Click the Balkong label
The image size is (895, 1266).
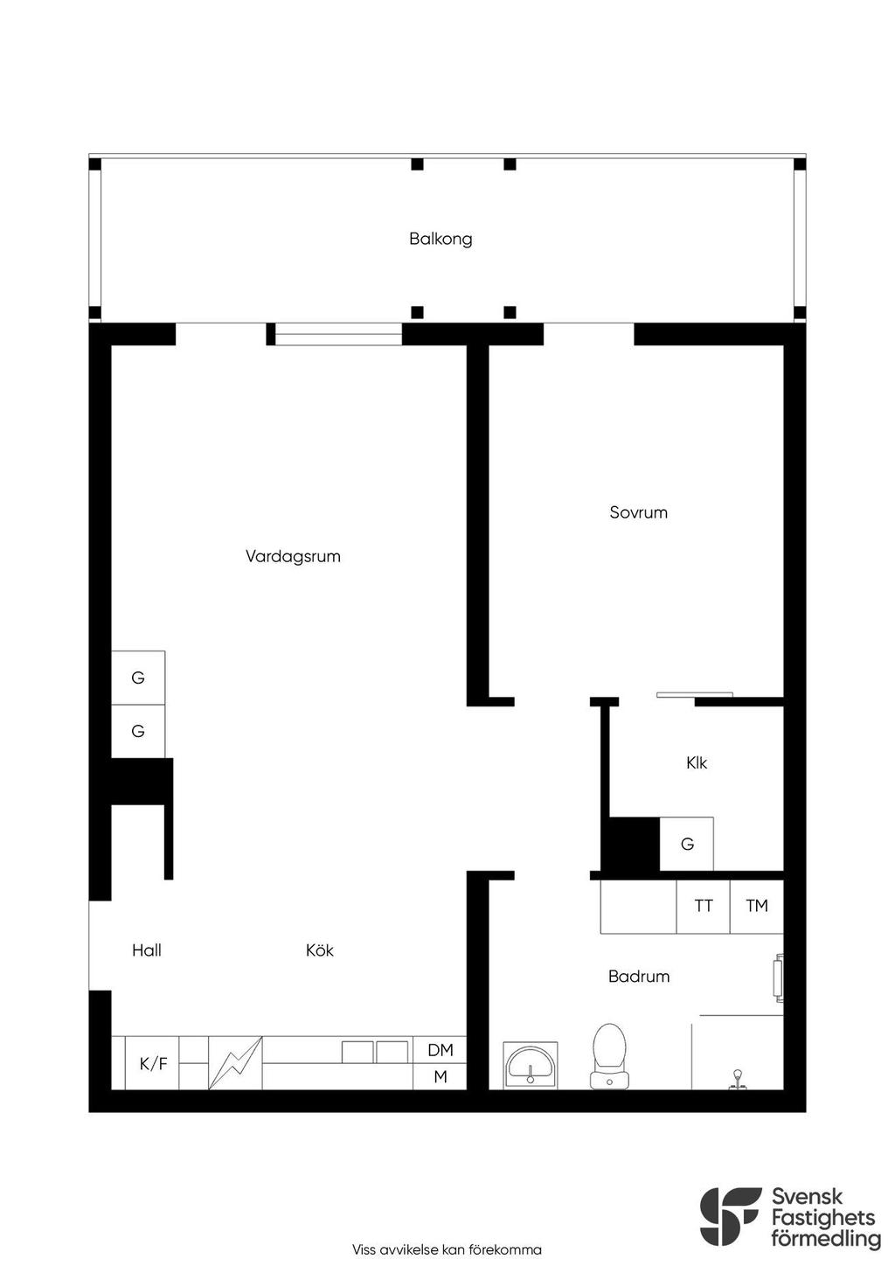[441, 239]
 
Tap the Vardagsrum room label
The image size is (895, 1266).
[293, 556]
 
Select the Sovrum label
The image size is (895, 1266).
[639, 512]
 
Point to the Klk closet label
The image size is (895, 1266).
[697, 763]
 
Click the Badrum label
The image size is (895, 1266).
[639, 976]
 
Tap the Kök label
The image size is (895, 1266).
[320, 950]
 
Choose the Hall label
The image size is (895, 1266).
[147, 950]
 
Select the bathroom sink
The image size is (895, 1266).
[530, 1066]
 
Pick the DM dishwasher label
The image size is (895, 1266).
[441, 1050]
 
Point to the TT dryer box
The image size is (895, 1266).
[704, 906]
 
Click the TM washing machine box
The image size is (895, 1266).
[757, 906]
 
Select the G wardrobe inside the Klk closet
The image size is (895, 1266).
[686, 844]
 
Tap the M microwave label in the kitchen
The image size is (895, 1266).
[441, 1076]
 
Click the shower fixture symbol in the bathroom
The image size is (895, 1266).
[737, 1078]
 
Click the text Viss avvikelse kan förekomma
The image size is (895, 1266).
[447, 1249]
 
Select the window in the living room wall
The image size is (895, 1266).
[338, 334]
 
